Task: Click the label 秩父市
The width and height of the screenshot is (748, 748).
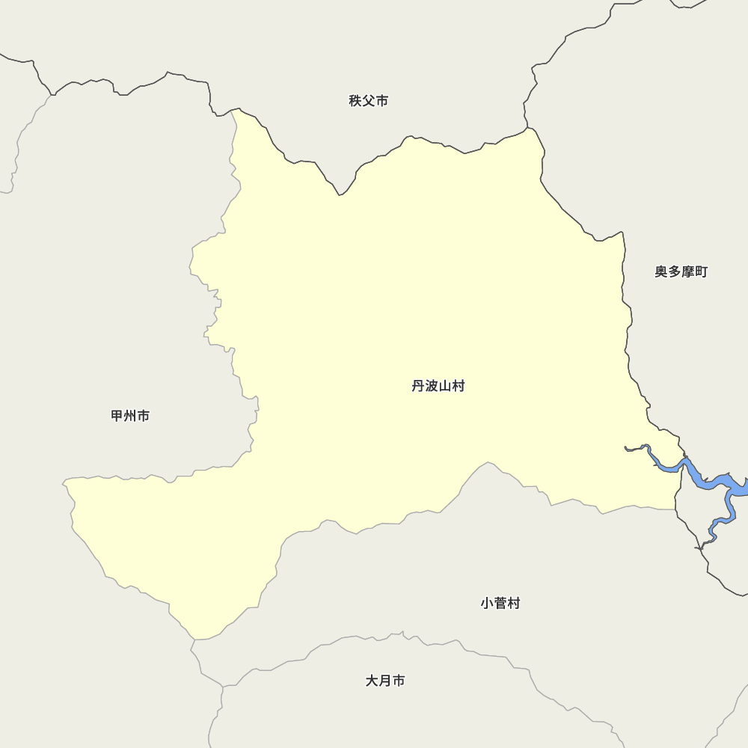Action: point(369,101)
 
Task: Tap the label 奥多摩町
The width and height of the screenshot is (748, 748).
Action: point(681,272)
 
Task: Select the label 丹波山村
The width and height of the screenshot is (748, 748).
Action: point(438,386)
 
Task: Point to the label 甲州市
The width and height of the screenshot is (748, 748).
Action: point(130,416)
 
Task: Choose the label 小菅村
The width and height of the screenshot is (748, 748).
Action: point(500,603)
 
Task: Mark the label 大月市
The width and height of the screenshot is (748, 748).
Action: point(385,681)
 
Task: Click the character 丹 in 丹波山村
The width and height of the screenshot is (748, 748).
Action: point(418,386)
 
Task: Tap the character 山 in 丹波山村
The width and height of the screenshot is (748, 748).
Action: point(445,386)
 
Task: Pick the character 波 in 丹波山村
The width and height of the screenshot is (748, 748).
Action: point(432,386)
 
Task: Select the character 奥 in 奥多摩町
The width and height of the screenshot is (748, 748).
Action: point(661,272)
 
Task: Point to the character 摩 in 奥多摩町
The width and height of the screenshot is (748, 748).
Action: point(687,272)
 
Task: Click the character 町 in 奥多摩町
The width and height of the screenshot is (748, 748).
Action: point(701,272)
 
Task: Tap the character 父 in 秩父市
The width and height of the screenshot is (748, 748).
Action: point(369,101)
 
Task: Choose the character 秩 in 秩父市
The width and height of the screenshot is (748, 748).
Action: point(355,101)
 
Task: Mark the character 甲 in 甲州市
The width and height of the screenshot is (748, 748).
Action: point(117,416)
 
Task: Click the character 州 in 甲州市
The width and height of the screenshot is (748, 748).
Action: point(130,416)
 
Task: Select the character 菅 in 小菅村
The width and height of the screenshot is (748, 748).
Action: point(500,603)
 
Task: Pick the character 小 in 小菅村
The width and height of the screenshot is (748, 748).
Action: point(487,603)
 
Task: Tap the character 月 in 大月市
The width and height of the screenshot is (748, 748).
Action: point(385,681)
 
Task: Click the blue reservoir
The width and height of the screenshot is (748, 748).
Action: point(703,481)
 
